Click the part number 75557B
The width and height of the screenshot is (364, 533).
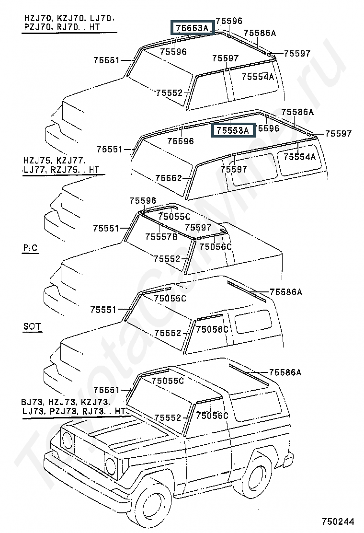pos(161,237)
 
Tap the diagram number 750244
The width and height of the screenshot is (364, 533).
pos(338,521)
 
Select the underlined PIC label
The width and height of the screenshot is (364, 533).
pos(30,248)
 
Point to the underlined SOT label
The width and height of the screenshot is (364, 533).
pos(32,327)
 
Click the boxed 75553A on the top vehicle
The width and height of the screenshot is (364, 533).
pos(193,27)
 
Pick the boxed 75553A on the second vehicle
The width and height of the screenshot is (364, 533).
pos(233,130)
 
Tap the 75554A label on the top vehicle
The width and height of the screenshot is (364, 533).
pos(258,77)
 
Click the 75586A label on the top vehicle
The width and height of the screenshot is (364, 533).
pos(260,33)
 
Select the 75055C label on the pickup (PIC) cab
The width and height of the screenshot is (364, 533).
pos(174,217)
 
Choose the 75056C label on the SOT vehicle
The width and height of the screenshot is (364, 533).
pos(212,329)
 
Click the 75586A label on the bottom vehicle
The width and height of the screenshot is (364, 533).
pos(285,372)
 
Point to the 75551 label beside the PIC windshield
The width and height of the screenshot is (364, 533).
pos(106,228)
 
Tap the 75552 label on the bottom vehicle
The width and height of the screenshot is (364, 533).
pos(168,417)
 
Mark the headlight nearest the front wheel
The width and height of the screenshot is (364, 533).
pos(110,466)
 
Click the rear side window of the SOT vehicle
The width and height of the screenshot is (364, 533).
pos(253,321)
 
